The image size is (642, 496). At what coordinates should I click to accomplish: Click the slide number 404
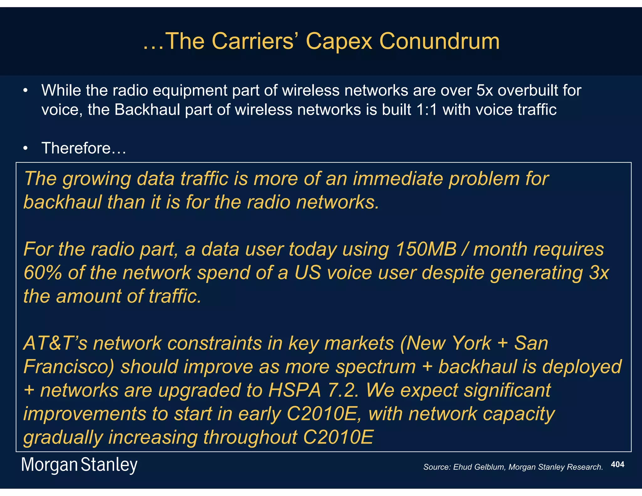click(x=618, y=464)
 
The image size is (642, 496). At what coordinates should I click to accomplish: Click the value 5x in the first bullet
click(x=485, y=91)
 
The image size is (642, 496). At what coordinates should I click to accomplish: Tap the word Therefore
click(x=76, y=148)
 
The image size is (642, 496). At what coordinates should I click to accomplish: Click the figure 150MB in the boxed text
click(x=426, y=249)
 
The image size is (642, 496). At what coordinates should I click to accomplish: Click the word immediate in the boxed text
click(x=398, y=179)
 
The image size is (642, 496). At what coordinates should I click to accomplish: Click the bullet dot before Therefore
click(x=26, y=148)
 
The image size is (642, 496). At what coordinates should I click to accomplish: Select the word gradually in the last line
click(x=63, y=438)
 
